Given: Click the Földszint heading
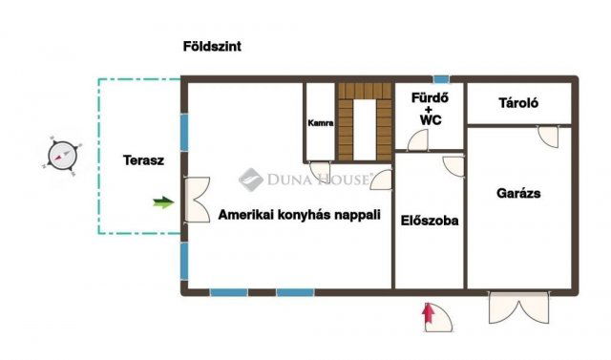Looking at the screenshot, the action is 212,47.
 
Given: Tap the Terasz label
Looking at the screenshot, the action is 143,160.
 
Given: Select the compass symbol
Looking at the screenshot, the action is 62,156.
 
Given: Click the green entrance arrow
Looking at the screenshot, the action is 163,202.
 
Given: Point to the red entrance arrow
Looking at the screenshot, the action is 429,313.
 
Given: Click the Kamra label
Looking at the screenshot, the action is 321,123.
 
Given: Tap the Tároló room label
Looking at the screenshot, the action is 518,103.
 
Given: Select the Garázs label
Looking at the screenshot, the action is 518,193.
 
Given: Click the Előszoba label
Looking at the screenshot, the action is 430,221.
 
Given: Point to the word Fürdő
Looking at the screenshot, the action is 430,97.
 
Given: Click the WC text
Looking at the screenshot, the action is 431,120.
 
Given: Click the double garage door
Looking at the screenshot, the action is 519,307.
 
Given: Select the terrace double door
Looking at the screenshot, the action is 198,200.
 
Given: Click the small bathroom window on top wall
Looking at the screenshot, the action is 441,79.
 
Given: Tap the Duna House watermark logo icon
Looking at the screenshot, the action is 250,180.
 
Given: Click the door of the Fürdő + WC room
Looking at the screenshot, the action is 418,140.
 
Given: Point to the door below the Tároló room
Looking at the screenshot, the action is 548,137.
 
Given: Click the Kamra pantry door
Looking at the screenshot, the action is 320,171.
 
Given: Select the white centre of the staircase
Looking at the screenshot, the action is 365,130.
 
